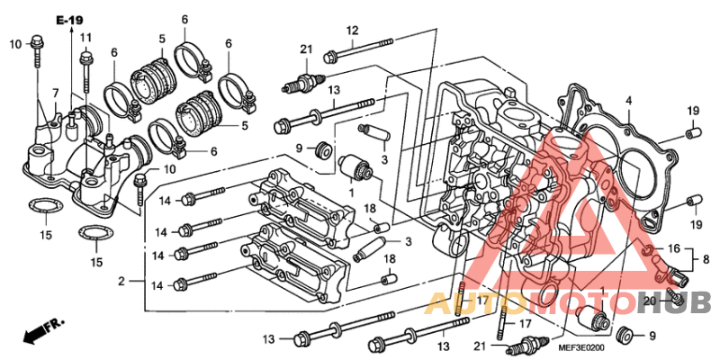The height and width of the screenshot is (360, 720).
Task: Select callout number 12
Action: pyautogui.click(x=353, y=31)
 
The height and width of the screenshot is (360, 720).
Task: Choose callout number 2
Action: pyautogui.click(x=120, y=283)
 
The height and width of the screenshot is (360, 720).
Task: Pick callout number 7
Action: pyautogui.click(x=55, y=93)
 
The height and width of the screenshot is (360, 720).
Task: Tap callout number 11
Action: pyautogui.click(x=85, y=37)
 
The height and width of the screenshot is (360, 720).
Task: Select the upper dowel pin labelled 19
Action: pyautogui.click(x=692, y=133)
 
